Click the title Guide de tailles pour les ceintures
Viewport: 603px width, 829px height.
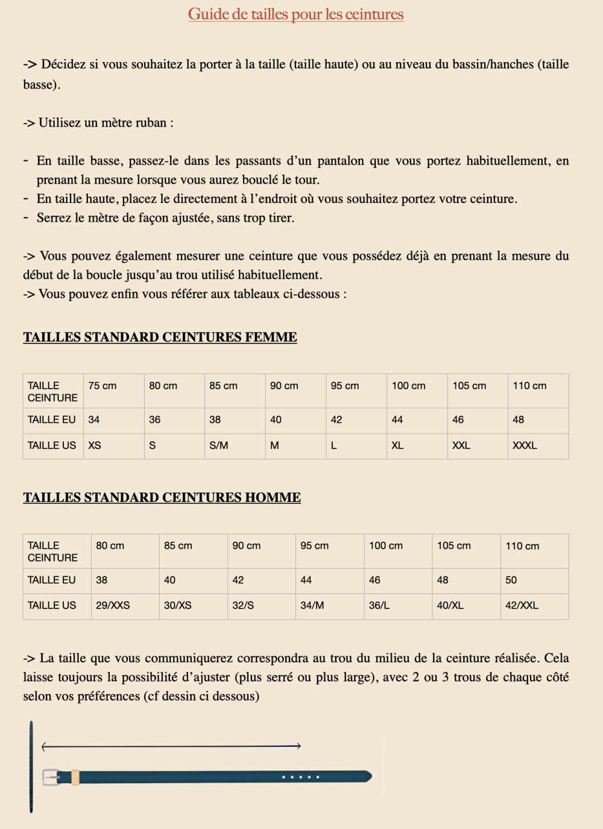pos(295,14)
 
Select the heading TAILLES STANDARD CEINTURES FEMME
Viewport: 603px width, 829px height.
pos(160,337)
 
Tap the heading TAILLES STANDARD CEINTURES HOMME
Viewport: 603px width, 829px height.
pos(162,497)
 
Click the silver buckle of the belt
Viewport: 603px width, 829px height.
pos(51,777)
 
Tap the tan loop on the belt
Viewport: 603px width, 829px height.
pos(75,777)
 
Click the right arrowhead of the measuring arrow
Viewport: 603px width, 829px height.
pos(298,746)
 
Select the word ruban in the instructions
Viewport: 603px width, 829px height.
pos(150,123)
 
